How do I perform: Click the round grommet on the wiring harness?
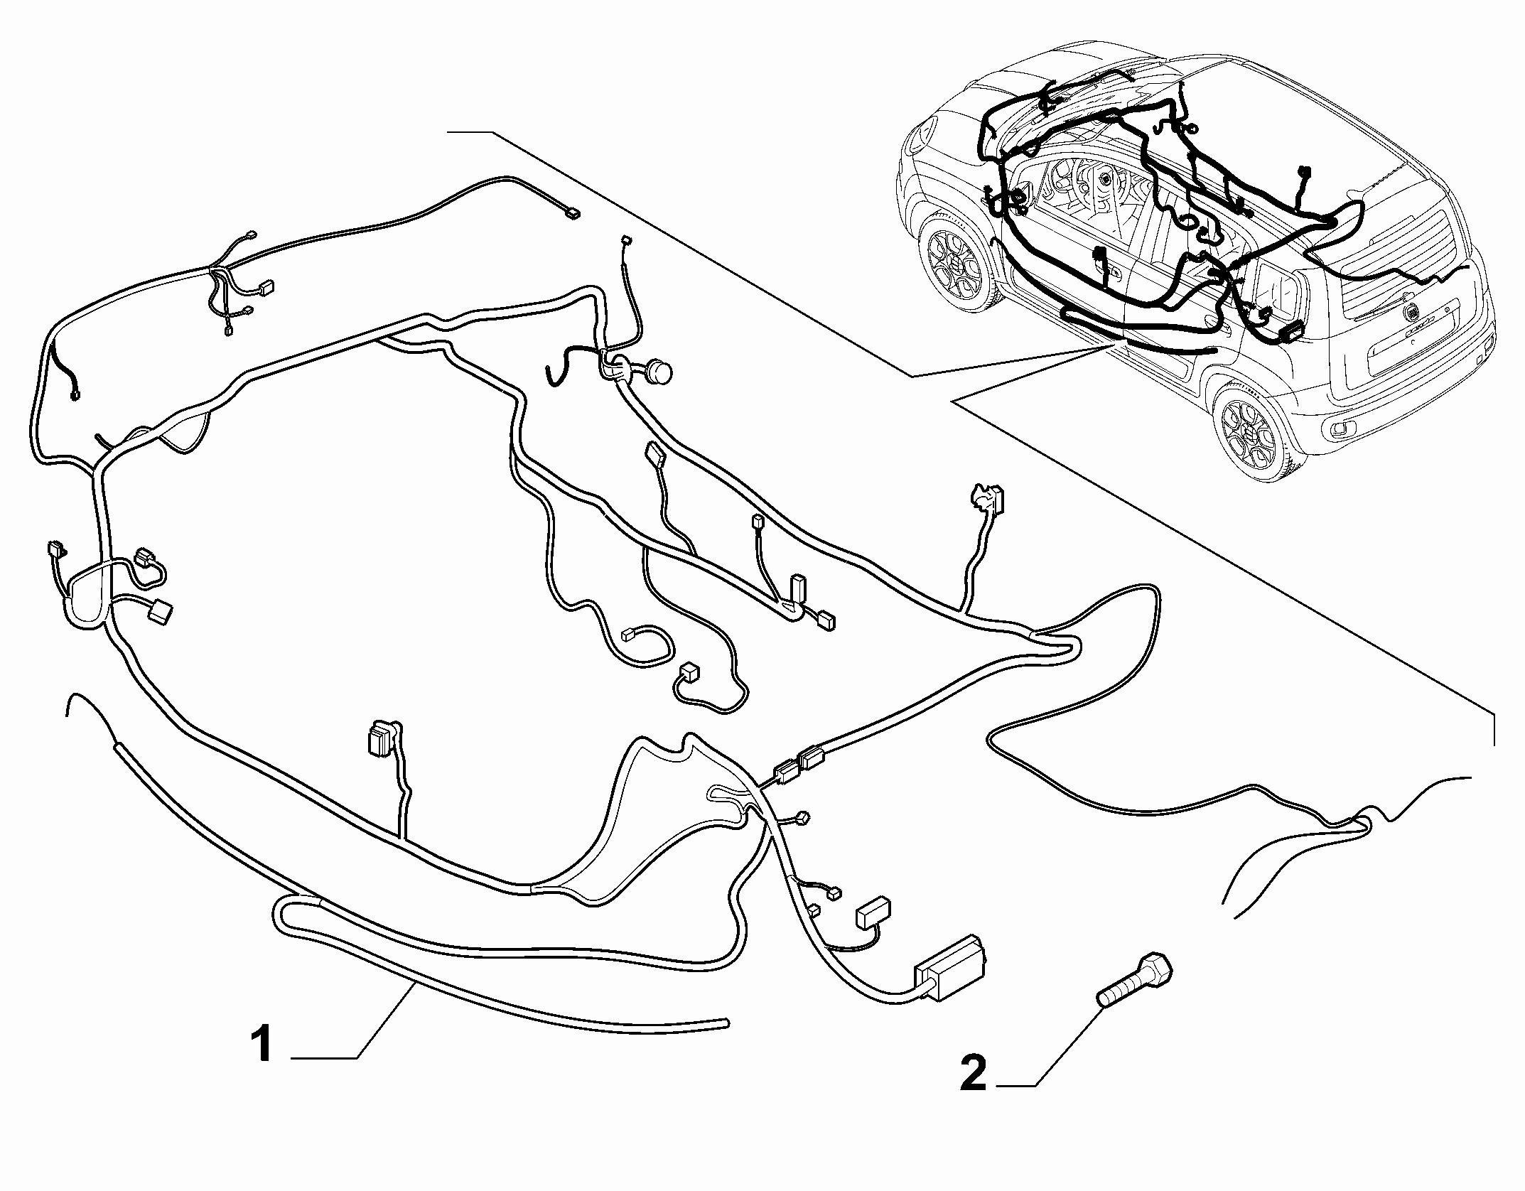(x=659, y=371)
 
